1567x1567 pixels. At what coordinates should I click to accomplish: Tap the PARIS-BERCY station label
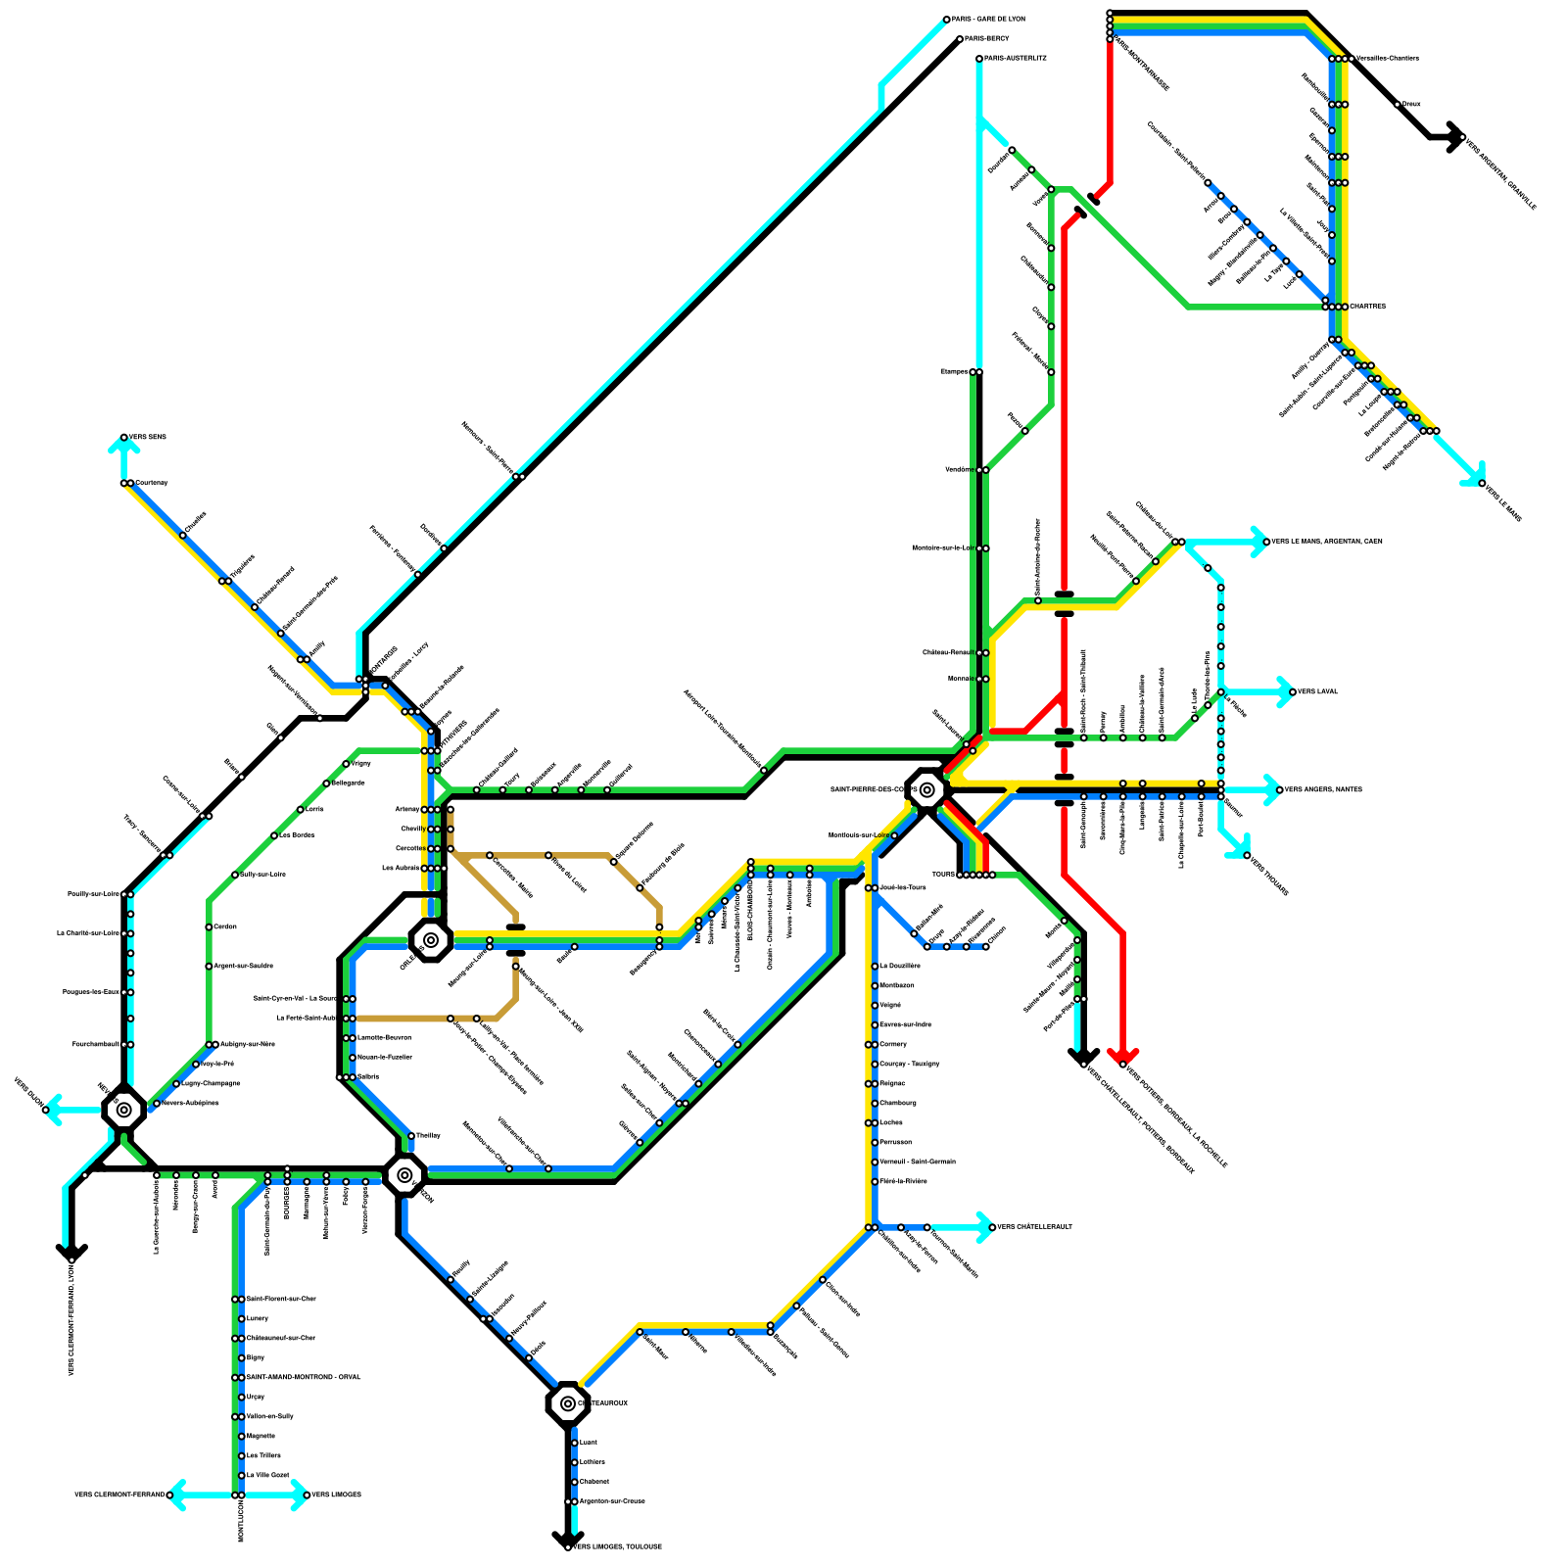[x=986, y=39]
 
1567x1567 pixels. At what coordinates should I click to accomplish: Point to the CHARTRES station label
[x=1368, y=307]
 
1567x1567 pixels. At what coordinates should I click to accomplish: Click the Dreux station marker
[x=1398, y=104]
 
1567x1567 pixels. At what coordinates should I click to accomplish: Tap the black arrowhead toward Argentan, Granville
[x=1454, y=137]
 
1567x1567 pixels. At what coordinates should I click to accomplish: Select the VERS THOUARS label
[x=1269, y=875]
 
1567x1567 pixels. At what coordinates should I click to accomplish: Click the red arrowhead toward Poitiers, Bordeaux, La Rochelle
[x=1123, y=1058]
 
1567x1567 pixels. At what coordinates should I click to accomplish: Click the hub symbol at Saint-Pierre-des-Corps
[x=927, y=789]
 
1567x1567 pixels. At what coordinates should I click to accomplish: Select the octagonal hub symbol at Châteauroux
[x=568, y=1403]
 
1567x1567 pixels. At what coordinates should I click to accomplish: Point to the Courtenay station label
[x=152, y=483]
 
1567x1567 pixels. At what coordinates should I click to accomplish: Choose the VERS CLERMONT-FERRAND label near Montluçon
[x=119, y=1496]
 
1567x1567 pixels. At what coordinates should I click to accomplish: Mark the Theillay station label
[x=429, y=1136]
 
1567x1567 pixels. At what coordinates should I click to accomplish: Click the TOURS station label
[x=943, y=875]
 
